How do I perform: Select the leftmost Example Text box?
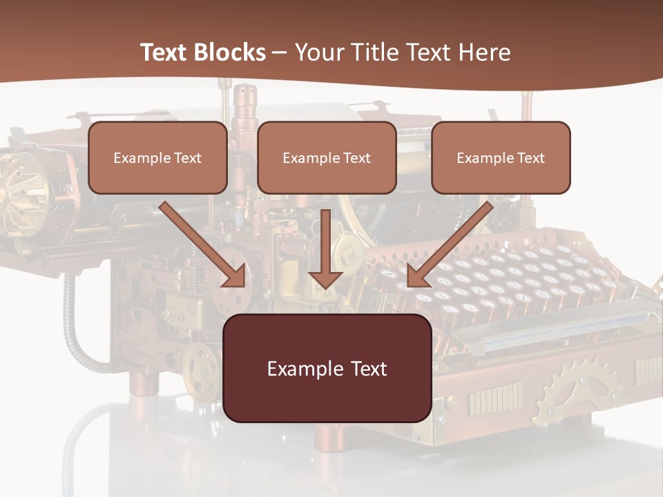pyautogui.click(x=157, y=157)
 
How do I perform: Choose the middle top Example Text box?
pyautogui.click(x=327, y=157)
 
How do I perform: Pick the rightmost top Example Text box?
pyautogui.click(x=501, y=157)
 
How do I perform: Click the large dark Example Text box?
pyautogui.click(x=327, y=368)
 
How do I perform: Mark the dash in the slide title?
pyautogui.click(x=280, y=52)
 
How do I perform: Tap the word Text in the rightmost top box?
pyautogui.click(x=531, y=158)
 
